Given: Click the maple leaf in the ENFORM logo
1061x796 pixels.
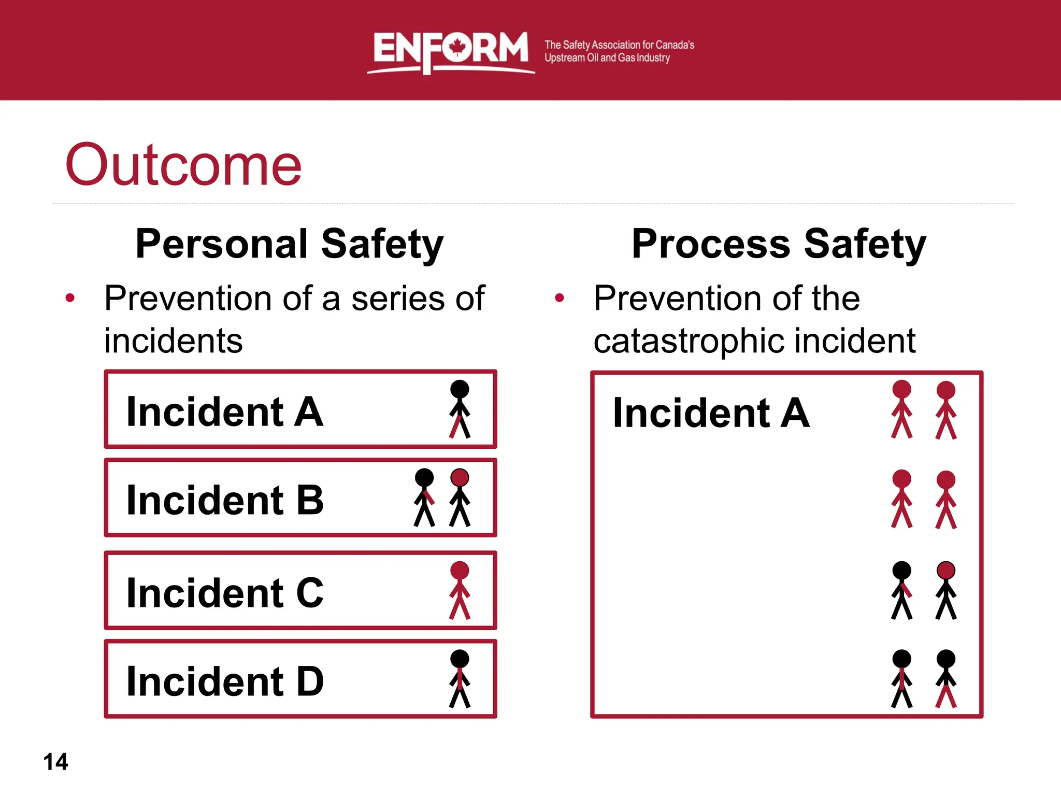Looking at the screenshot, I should tap(457, 47).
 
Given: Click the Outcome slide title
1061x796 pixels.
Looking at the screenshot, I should tap(183, 165).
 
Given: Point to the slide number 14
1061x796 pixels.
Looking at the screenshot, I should tap(55, 762).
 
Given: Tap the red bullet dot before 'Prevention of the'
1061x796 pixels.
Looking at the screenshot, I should tap(559, 298).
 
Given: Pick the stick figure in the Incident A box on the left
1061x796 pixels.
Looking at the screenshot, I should tap(460, 409).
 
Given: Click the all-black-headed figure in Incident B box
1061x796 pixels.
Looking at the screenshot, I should tap(424, 497).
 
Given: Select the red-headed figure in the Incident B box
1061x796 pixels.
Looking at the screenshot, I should tap(460, 497).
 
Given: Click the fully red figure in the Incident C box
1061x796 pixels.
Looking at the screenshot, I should tap(460, 591).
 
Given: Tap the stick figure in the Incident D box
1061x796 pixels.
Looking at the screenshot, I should tap(460, 679).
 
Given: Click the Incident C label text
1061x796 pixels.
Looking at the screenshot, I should tap(225, 593).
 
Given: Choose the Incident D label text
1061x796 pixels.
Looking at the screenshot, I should tap(225, 681).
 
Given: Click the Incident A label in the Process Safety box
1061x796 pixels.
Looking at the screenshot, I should tap(711, 413).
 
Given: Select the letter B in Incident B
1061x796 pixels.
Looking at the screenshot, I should tap(310, 500).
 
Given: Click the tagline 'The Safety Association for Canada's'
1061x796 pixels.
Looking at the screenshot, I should tap(619, 45).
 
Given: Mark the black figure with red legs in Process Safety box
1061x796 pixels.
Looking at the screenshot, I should tap(946, 679).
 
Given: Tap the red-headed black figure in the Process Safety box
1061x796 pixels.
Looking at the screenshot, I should tap(946, 591).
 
